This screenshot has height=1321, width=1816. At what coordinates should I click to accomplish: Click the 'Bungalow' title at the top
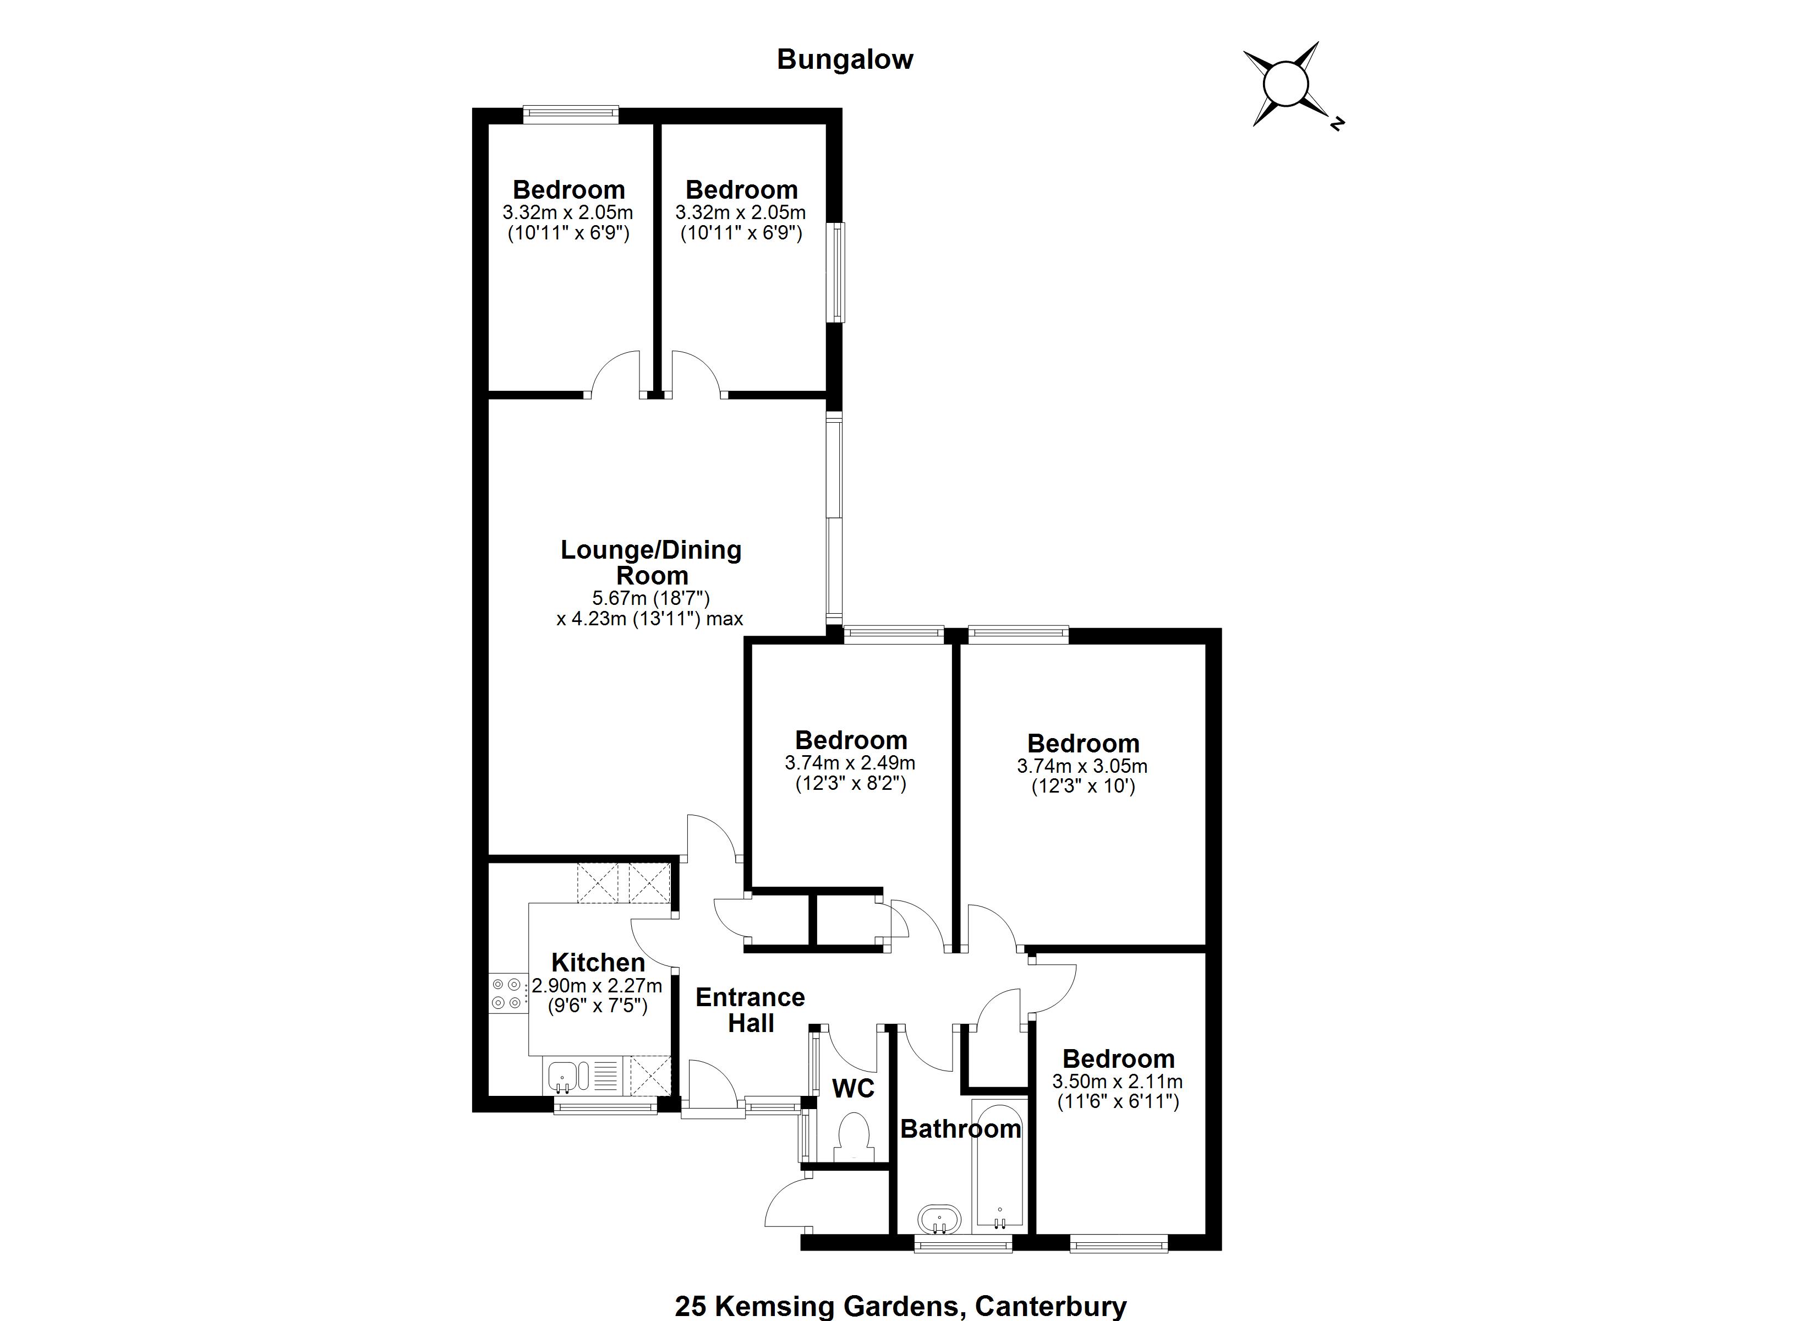[x=845, y=60]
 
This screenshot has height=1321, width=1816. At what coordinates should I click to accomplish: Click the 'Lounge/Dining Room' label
[x=651, y=563]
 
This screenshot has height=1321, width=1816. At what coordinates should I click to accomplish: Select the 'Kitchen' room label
[x=598, y=962]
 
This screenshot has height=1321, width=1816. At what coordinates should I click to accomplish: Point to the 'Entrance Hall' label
[x=750, y=1010]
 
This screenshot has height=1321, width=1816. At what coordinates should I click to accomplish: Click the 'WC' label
[x=854, y=1089]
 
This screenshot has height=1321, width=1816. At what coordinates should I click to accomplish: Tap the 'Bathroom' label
[x=961, y=1129]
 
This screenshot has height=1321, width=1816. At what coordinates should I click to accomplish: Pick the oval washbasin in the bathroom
[x=940, y=1219]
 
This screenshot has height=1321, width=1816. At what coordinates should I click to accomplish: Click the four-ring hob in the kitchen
[x=507, y=994]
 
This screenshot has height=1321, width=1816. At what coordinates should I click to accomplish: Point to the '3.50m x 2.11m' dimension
[x=1117, y=1082]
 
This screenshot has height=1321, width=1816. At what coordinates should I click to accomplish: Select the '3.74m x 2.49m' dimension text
[x=850, y=763]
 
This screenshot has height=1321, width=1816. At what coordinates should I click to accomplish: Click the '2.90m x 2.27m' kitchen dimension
[x=597, y=985]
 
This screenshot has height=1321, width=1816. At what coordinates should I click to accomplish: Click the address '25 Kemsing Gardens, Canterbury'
[x=901, y=1306]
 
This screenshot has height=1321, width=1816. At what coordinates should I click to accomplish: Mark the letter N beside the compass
[x=1336, y=123]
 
